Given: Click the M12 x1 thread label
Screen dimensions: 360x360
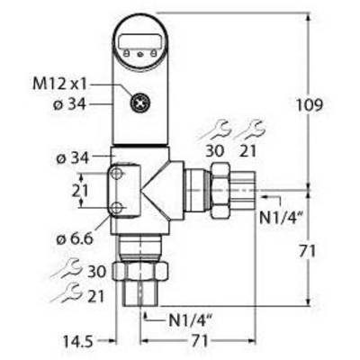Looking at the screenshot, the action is point(59,85).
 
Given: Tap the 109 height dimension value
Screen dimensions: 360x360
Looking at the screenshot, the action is point(310,105).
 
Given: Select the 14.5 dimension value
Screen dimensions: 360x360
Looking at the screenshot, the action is point(78,342).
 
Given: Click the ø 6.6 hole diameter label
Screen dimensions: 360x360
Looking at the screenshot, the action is point(75,239).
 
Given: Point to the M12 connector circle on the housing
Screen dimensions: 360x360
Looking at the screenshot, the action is point(140,103).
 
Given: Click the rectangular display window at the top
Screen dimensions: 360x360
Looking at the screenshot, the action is point(140,40).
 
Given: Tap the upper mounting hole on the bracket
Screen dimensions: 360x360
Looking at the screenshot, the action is point(116,174).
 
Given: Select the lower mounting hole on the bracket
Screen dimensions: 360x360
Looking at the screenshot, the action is point(116,207).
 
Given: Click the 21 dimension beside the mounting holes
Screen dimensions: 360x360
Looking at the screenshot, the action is point(80,191).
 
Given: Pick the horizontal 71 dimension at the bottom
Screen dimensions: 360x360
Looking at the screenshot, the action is point(200,341).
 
